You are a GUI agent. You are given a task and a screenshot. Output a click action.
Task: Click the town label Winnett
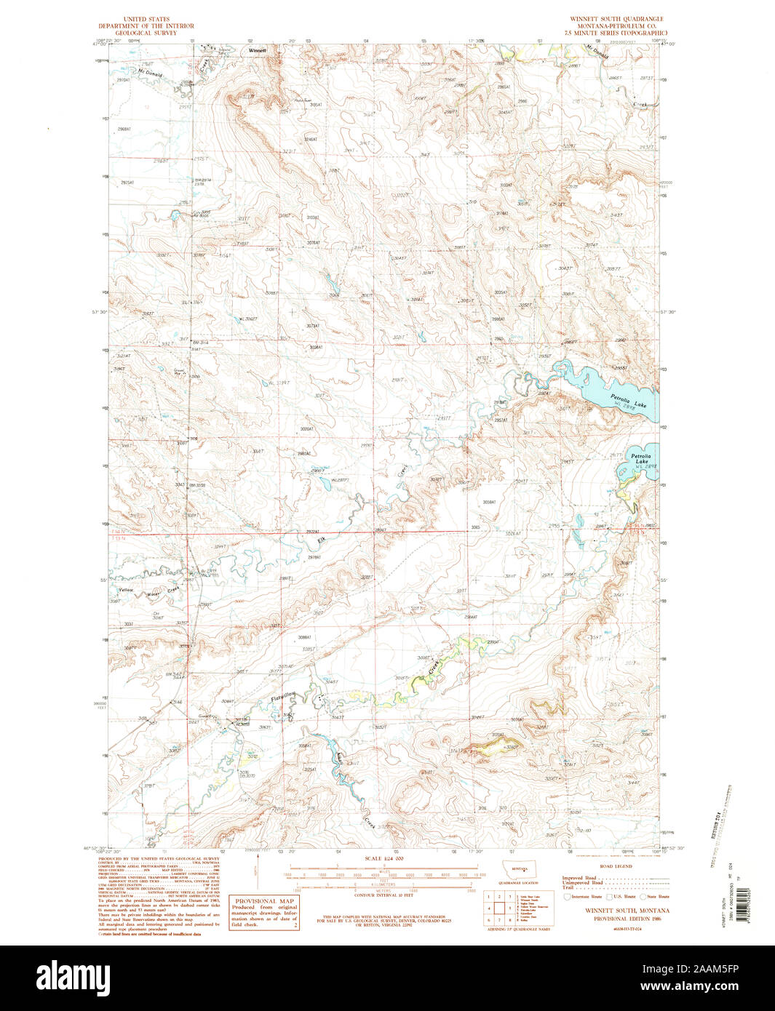[x=258, y=51]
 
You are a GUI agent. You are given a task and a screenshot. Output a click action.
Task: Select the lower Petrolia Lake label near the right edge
[x=641, y=457]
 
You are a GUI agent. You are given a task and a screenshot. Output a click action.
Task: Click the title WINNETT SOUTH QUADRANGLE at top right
[x=616, y=19]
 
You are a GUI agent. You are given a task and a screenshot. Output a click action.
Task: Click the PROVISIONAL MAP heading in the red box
[x=254, y=900]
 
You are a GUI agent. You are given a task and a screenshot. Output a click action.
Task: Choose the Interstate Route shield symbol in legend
[x=567, y=897]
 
